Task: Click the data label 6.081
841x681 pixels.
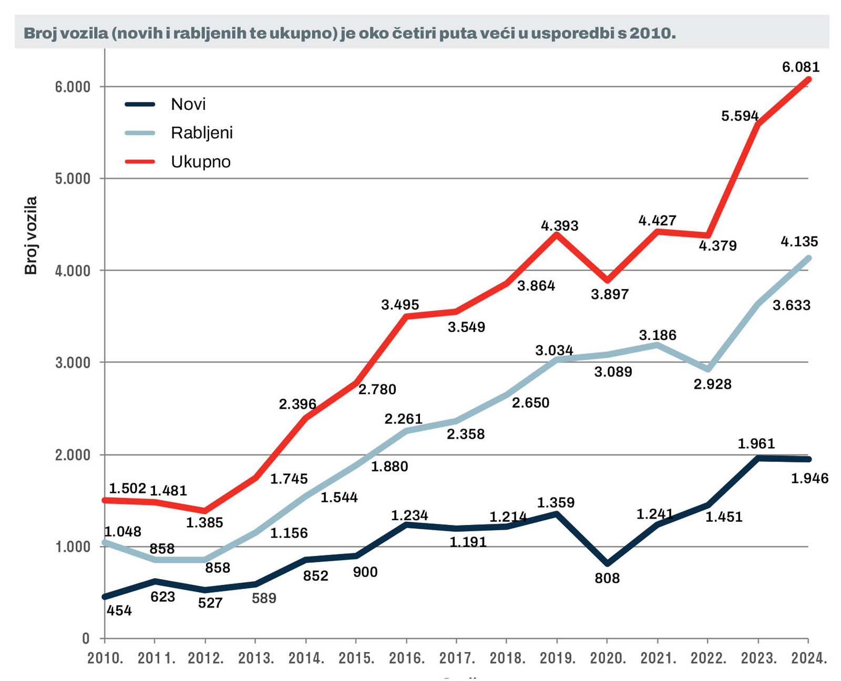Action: coord(801,67)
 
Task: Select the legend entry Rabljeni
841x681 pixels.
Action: coord(201,133)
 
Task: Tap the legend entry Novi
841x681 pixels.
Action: coord(188,104)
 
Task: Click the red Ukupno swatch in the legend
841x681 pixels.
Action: coord(140,161)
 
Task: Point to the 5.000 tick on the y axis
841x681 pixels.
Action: coord(73,179)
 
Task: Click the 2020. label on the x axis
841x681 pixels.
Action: coord(608,658)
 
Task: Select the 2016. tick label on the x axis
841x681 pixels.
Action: coord(406,658)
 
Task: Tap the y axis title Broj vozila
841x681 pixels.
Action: coord(31,235)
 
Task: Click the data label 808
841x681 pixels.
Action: coord(607,579)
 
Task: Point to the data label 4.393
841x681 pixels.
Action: coord(559,226)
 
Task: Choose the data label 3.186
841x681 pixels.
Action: coord(658,335)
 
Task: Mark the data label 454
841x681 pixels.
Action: coord(119,611)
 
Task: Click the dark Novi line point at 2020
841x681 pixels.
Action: coord(608,564)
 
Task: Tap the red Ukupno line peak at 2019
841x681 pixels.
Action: coord(557,234)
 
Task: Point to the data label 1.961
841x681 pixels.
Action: coord(756,444)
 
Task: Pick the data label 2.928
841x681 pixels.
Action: coord(712,385)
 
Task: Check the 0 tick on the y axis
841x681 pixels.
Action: coord(86,639)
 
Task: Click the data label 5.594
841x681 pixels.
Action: coord(740,116)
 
